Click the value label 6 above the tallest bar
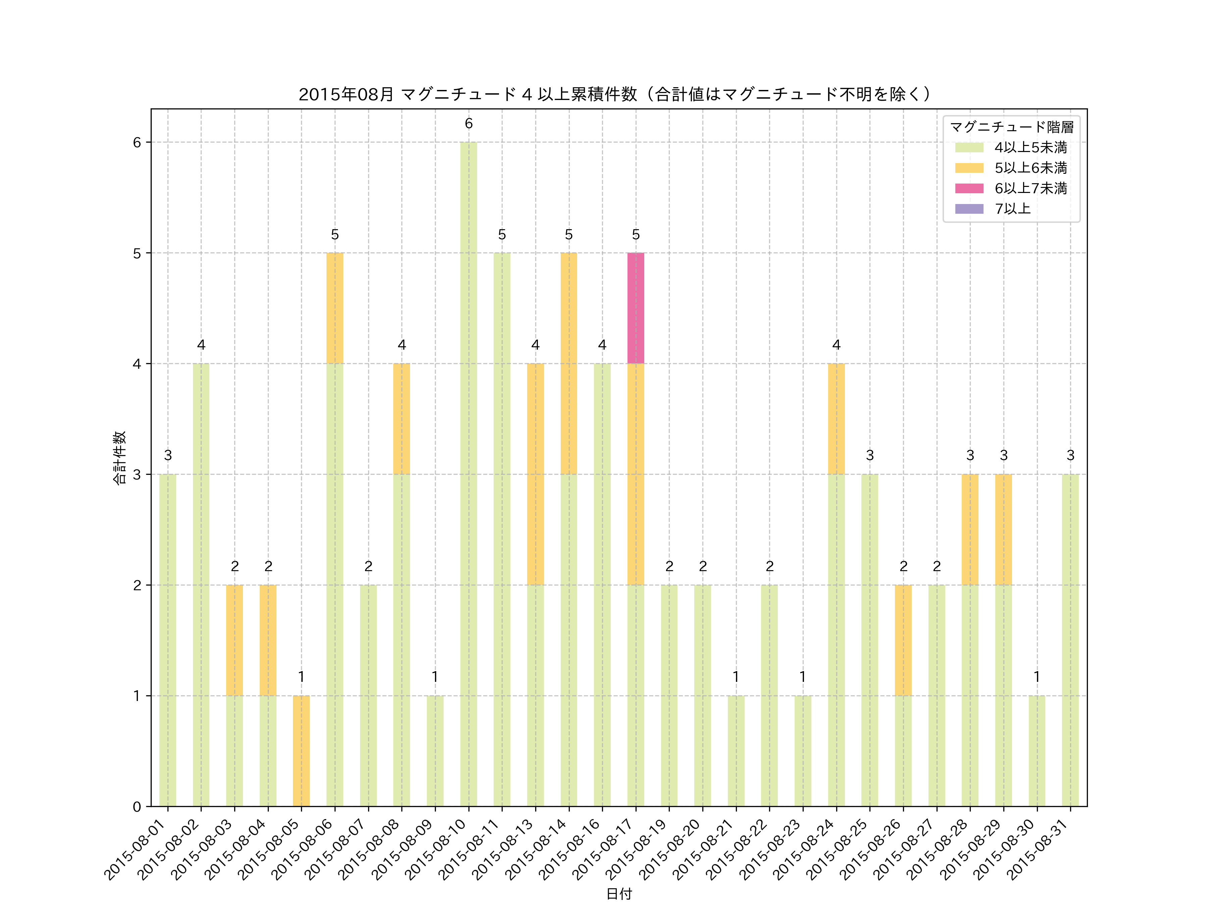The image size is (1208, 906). (x=468, y=124)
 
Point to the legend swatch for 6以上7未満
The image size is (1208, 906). (x=969, y=188)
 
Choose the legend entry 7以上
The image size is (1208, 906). (x=1012, y=209)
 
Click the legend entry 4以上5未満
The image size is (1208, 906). (x=1030, y=147)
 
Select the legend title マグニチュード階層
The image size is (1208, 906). (x=1011, y=127)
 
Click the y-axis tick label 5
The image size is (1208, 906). (x=137, y=253)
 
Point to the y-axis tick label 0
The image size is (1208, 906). (x=137, y=807)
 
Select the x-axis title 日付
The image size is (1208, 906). (x=619, y=894)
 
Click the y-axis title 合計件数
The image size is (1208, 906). (x=119, y=458)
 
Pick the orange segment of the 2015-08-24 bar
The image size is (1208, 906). (x=836, y=419)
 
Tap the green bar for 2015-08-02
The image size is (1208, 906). (x=201, y=584)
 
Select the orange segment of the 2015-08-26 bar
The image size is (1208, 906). (x=903, y=640)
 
